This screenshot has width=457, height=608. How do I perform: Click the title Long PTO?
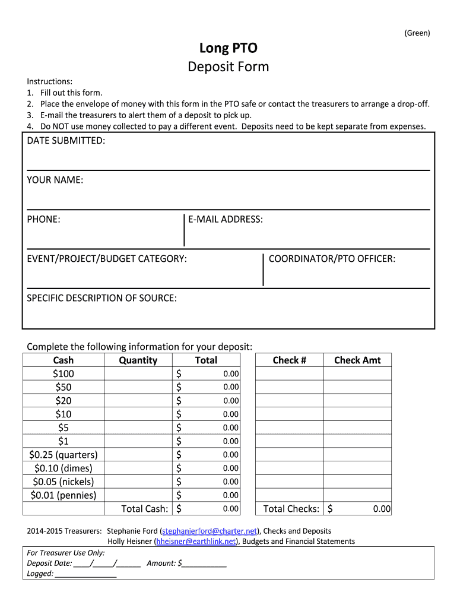coord(228,48)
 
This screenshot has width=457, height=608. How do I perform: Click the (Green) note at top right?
coord(417,33)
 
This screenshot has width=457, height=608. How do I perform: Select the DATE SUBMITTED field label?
coord(66,141)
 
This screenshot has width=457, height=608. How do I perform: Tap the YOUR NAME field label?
coord(55,180)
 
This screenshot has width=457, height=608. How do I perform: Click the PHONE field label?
coord(43,219)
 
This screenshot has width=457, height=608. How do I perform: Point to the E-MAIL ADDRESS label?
coord(226,219)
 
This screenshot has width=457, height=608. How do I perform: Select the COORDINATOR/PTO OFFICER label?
coord(332,258)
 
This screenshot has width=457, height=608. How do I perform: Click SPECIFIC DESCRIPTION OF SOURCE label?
coord(101,297)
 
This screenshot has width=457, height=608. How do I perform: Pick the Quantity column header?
coord(138,360)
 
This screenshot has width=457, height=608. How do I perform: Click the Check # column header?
coord(289,360)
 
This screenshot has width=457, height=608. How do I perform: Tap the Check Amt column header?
coord(357,360)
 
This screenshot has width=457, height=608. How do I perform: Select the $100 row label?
coord(64,373)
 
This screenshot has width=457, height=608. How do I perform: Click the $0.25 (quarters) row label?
coord(64,455)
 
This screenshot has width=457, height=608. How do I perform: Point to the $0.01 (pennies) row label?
coord(64,495)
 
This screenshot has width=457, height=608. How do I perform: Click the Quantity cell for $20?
coord(138,401)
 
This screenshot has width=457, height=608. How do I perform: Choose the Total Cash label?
coord(144,509)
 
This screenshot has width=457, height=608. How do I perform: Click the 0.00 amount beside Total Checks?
coord(382,509)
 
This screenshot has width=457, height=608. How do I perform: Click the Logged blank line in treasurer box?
coord(85,574)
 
